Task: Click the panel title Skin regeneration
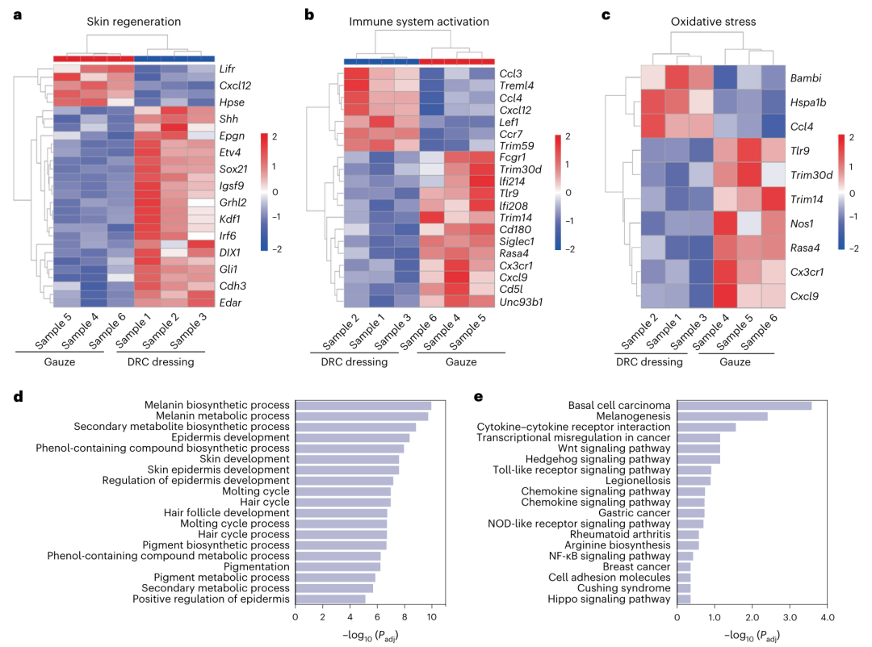(133, 21)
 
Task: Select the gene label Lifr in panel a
(228, 69)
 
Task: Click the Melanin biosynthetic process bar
(363, 405)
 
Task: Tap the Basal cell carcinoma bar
(744, 405)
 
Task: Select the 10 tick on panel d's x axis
(431, 617)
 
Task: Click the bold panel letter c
(606, 15)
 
